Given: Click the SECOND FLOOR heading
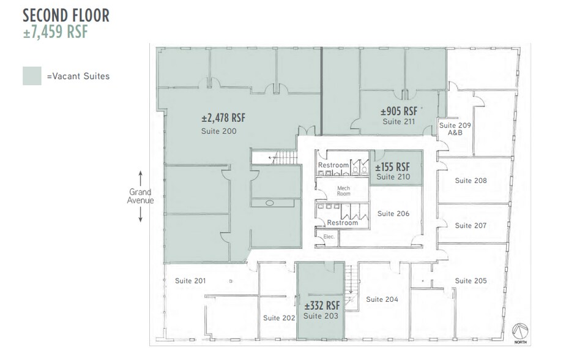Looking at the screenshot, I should [66, 15].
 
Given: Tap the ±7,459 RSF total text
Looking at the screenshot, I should [56, 32].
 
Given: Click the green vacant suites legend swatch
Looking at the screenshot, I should [32, 76].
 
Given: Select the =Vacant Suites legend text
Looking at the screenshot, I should [78, 77].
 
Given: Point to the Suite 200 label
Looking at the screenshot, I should [218, 131].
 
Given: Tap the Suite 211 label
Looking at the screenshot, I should [398, 122].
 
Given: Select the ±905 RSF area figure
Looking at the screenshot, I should [398, 111].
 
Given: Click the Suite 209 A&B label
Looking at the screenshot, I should [455, 129].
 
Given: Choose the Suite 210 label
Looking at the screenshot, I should [393, 177].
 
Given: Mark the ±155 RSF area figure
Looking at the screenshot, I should [393, 167].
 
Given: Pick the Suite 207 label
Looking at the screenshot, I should [471, 225].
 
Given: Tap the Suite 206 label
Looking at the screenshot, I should [393, 214].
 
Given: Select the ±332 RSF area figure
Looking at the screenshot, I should [321, 306].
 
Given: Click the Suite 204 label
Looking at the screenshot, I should [382, 299].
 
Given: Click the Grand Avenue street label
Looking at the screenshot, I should [140, 196].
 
